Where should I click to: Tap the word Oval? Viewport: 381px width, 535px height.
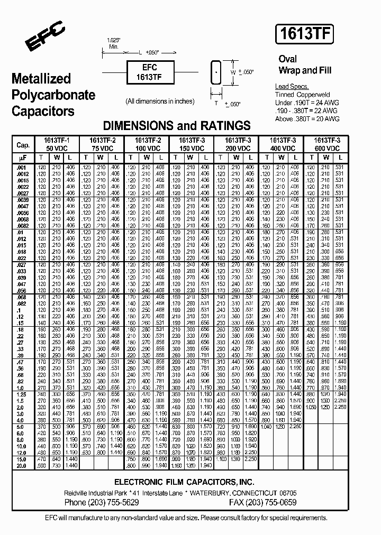click(x=288, y=59)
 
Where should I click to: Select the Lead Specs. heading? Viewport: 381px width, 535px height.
click(x=292, y=87)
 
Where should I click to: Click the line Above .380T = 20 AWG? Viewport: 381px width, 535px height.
click(x=300, y=119)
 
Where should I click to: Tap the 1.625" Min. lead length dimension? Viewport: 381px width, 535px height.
click(x=113, y=43)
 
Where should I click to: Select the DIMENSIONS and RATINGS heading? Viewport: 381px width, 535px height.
click(x=176, y=126)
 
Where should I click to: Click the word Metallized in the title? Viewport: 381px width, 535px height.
click(x=41, y=79)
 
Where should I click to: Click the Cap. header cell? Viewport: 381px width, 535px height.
click(x=23, y=145)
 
